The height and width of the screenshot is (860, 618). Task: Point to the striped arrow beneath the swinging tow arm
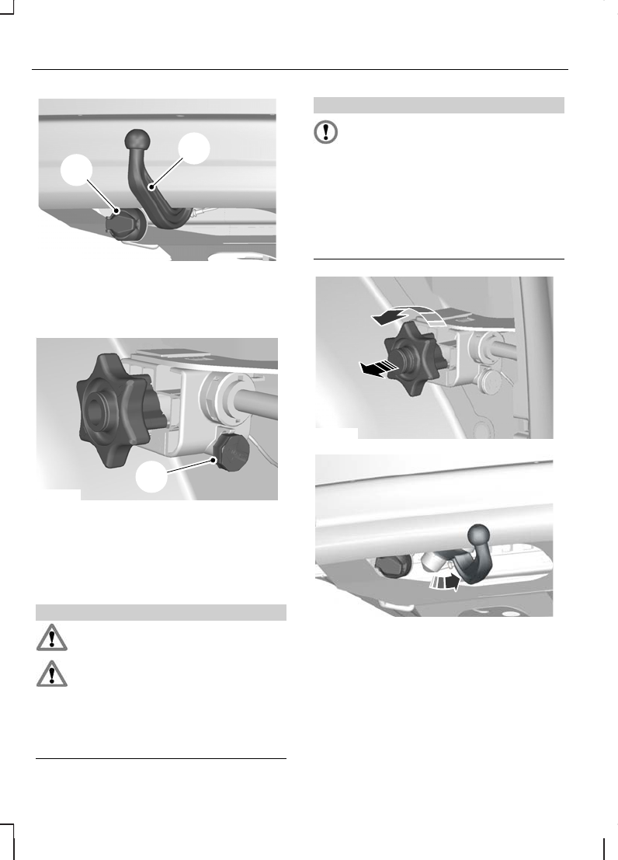444,582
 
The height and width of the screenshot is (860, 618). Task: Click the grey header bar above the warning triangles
161,613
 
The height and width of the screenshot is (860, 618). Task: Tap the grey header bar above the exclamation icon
439,105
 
